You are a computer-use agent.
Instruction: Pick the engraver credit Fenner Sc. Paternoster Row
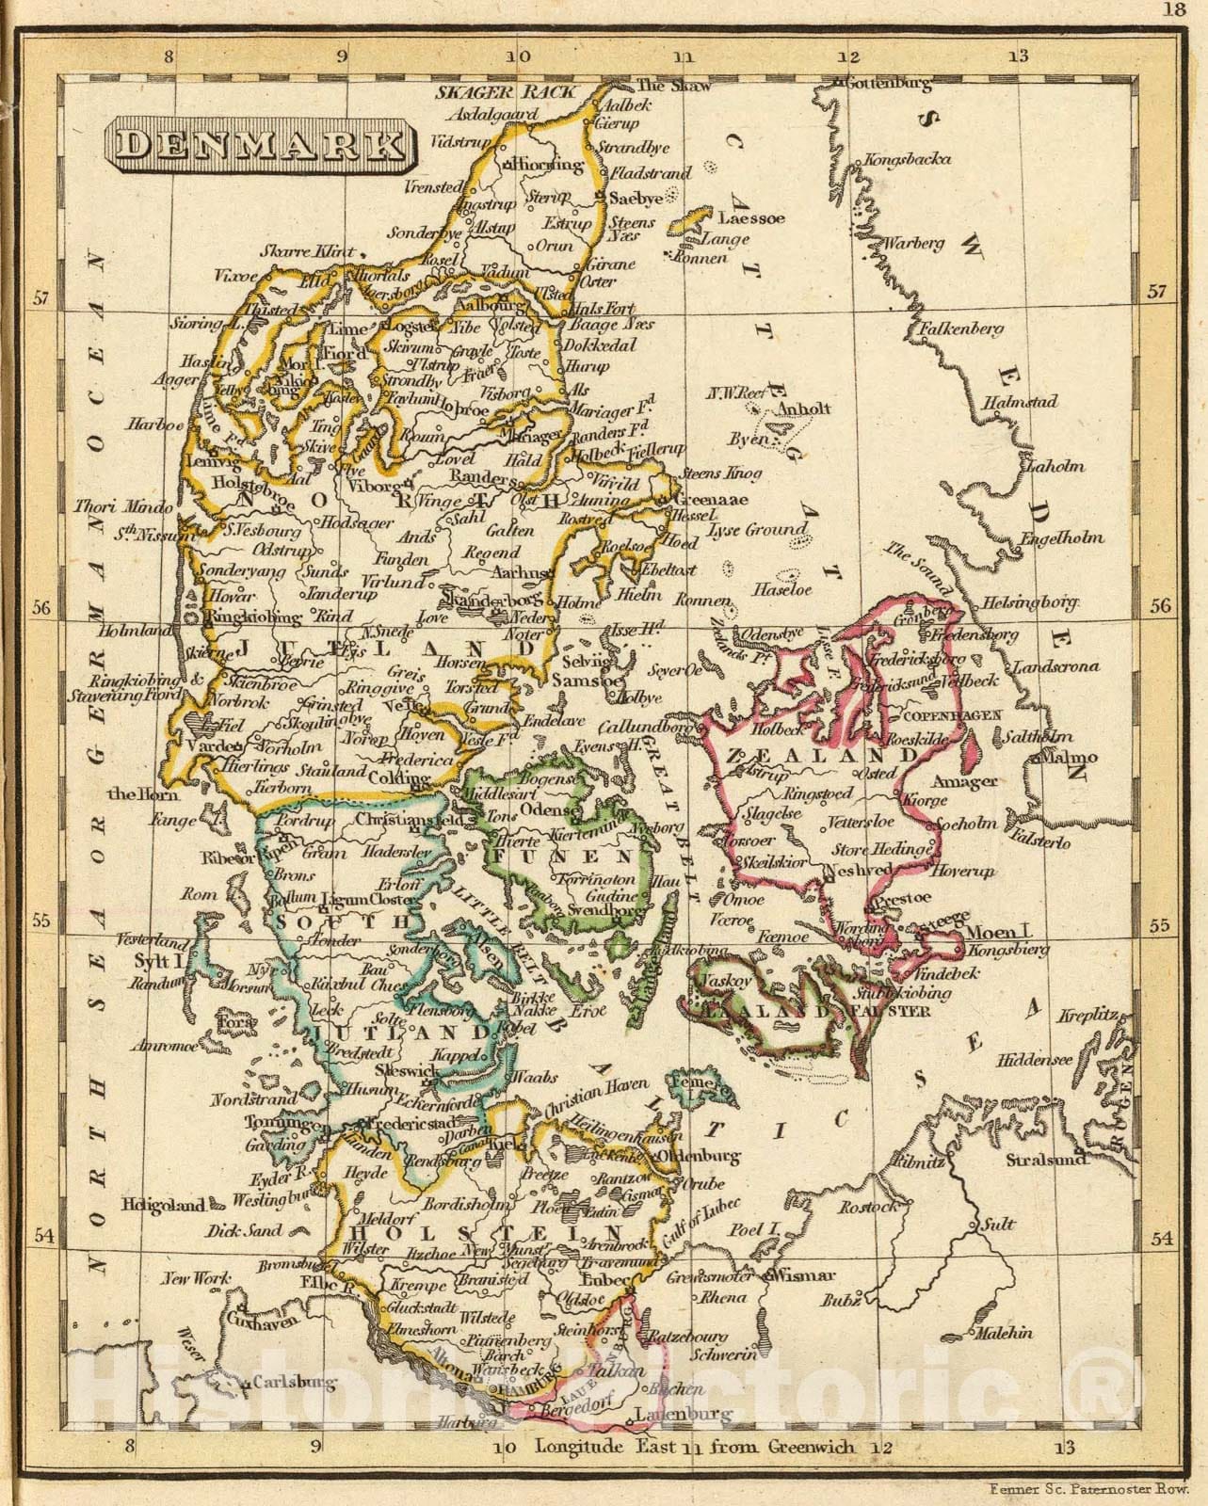pos(1089,1488)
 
